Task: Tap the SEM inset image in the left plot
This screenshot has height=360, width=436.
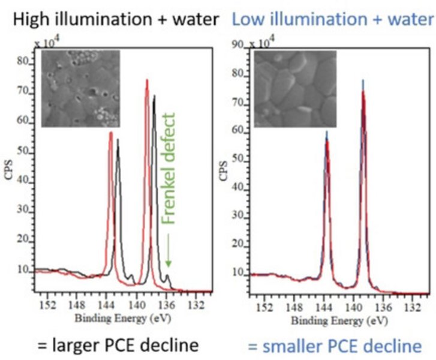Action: [81, 88]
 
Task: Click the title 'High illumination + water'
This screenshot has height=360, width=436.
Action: [116, 19]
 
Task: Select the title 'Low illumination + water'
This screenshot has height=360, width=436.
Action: [332, 19]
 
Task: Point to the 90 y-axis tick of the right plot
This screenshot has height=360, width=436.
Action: [238, 46]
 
